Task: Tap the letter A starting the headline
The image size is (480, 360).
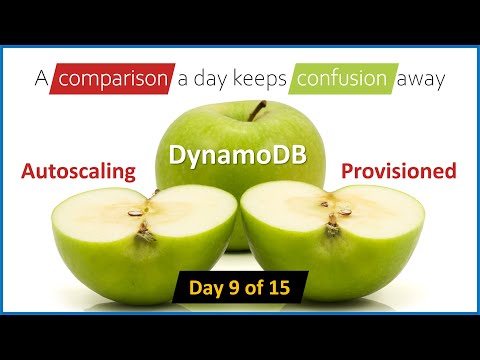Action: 41,77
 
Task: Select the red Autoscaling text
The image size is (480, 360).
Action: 79,171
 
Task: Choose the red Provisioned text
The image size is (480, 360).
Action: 398,171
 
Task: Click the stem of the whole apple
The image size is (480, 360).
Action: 258,109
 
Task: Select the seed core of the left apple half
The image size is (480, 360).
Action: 141,214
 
